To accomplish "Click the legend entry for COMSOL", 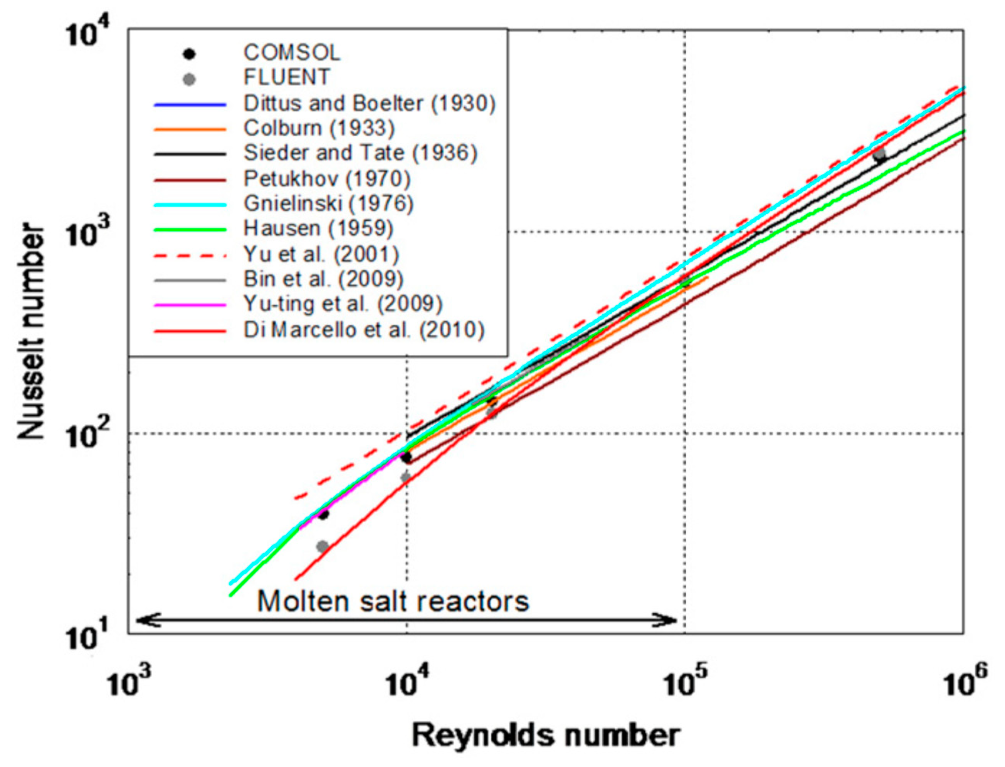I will pos(292,53).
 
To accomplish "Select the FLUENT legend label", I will pos(286,77).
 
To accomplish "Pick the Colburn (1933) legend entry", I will pos(319,128).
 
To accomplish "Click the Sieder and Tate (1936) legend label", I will pos(360,153).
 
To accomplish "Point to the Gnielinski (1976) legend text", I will pos(328,204).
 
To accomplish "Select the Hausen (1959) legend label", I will pos(318,228).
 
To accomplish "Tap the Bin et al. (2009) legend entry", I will pos(323,279).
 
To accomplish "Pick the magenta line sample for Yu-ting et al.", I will pos(190,304).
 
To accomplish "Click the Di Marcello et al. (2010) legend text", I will pos(364,330).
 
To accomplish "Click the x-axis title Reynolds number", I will pos(546,735).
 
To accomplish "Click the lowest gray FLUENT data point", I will pos(323,546).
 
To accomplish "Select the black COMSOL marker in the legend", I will pos(189,54).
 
